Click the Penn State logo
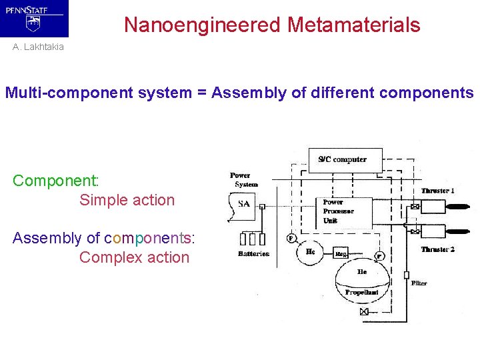coord(34,18)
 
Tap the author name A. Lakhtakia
coord(38,47)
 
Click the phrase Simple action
coord(127,200)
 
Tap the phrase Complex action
coord(134,257)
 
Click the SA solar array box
coord(242,204)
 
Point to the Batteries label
coord(253,254)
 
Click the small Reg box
coord(342,254)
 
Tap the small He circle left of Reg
coord(311,251)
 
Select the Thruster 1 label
coord(437,191)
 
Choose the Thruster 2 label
coord(437,249)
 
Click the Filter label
coord(419,283)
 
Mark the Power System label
coord(243,180)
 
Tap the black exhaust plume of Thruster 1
coord(457,207)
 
